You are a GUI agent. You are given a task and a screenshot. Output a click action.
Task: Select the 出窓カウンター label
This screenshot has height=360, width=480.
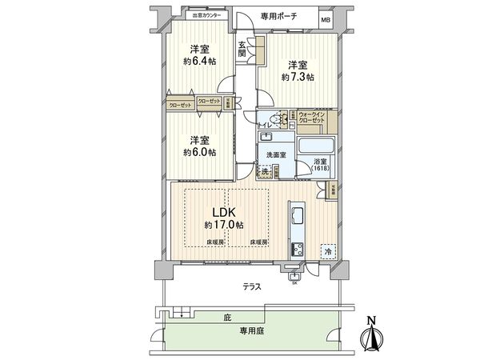(x=206, y=15)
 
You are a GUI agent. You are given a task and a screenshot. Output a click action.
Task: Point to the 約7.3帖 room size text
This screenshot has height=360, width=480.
(x=298, y=77)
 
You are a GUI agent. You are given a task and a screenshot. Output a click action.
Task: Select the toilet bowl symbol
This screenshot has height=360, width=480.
(x=277, y=119)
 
